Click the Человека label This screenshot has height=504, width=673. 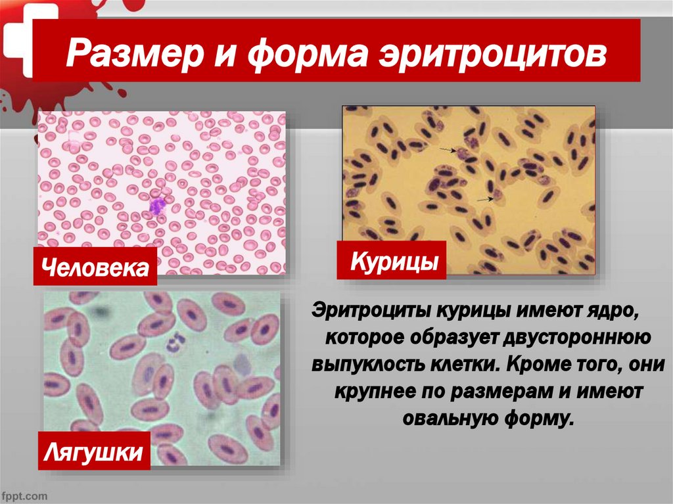tap(95, 267)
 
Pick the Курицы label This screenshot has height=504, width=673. tap(391, 260)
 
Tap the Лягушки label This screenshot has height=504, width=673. tap(94, 451)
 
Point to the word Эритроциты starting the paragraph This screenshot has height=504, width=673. tap(370, 309)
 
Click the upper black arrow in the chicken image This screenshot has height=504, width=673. tap(447, 150)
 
